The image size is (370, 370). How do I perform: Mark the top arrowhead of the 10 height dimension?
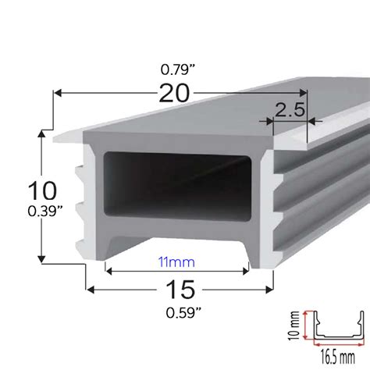pyautogui.click(x=41, y=135)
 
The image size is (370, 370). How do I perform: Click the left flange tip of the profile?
pyautogui.click(x=56, y=141)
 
